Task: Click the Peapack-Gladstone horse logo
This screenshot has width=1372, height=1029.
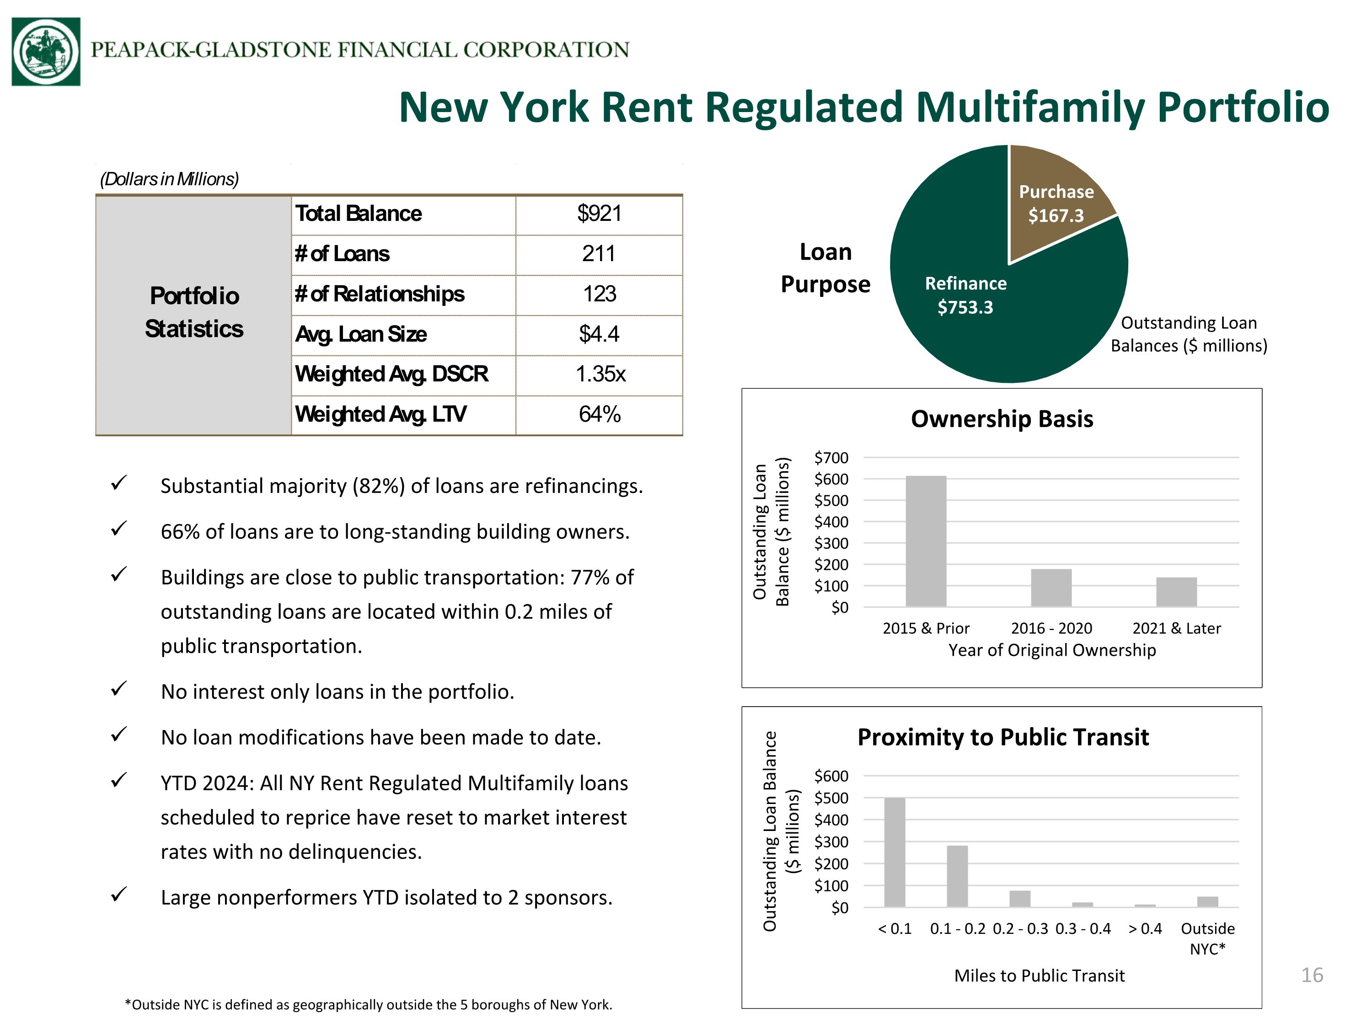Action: (46, 52)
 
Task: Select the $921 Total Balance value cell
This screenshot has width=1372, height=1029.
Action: (599, 214)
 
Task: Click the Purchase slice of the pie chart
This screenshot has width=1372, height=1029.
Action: (1055, 198)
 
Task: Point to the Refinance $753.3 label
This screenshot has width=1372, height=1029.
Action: (966, 295)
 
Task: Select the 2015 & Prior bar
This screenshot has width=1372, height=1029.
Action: (926, 541)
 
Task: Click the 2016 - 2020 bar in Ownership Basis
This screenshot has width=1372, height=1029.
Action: (1051, 587)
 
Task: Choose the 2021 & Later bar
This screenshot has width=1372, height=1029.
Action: (1177, 592)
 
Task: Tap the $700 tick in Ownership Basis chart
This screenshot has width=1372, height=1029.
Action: (831, 458)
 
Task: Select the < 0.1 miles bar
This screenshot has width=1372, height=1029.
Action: (895, 852)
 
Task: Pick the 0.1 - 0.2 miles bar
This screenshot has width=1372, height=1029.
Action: (958, 876)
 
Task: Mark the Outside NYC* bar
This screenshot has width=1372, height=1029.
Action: (1208, 902)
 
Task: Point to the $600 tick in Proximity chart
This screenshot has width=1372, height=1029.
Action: (831, 776)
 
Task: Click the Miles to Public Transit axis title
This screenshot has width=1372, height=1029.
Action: (1040, 975)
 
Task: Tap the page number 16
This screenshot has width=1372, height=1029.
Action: (1313, 975)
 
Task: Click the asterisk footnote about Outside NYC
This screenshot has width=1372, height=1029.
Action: (369, 1005)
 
